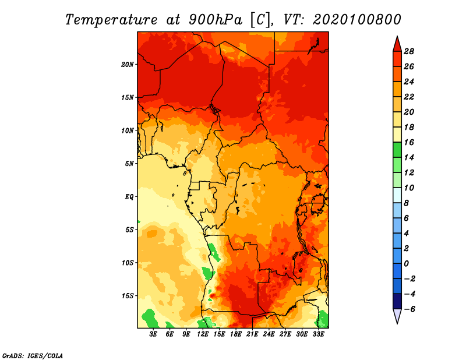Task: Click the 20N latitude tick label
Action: click(x=128, y=65)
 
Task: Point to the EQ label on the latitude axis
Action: click(x=129, y=197)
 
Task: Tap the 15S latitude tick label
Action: click(x=128, y=296)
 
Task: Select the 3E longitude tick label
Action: click(x=153, y=334)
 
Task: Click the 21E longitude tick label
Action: click(x=252, y=334)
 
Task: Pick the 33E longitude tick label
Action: click(x=319, y=334)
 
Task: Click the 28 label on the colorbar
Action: click(x=409, y=51)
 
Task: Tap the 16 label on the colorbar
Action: click(x=409, y=142)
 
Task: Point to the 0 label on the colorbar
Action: click(x=406, y=264)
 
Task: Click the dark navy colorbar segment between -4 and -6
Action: click(x=397, y=301)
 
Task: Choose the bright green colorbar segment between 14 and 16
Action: click(x=397, y=150)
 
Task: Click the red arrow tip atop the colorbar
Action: click(x=397, y=36)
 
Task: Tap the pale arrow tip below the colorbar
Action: click(x=397, y=323)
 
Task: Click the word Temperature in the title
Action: click(x=111, y=20)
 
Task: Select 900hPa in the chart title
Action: click(x=215, y=20)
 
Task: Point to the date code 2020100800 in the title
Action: click(x=356, y=20)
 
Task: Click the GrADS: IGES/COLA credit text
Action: click(x=33, y=356)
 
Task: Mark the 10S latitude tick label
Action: click(x=128, y=263)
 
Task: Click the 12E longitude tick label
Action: click(x=203, y=334)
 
